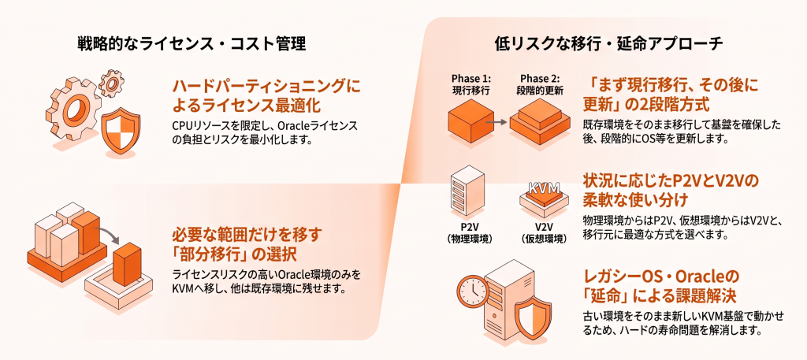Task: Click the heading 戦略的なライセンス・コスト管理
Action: point(192,43)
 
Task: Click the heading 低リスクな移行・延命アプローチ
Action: point(609,43)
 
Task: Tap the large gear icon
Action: point(73,109)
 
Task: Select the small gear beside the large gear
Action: point(111,80)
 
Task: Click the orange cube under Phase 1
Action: point(467,123)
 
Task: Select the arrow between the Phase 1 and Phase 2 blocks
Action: point(497,122)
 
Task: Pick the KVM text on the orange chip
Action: point(544,187)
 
